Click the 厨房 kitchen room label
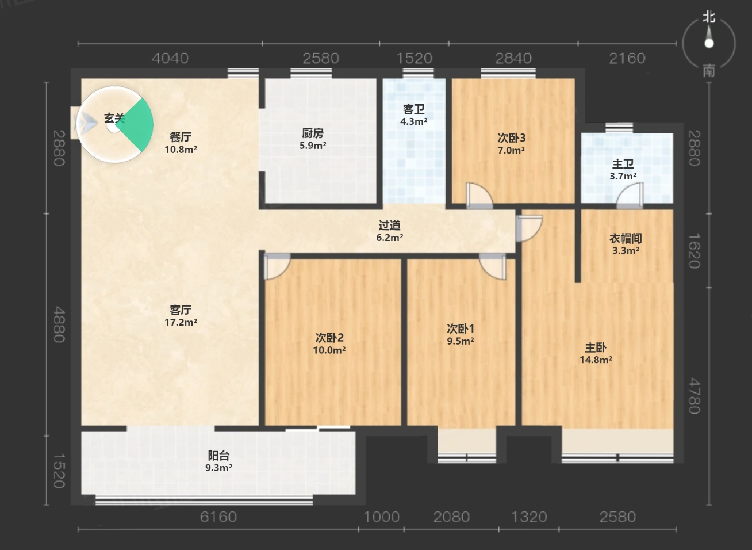313,133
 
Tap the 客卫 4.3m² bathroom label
413,115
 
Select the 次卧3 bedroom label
511,137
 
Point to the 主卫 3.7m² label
623,170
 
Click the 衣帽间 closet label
626,239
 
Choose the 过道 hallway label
389,226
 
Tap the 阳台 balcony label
218,456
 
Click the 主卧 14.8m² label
596,353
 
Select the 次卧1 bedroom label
461,329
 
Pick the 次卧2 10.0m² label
329,343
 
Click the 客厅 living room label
181,310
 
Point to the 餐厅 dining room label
181,137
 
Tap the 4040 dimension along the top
170,59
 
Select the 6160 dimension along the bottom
218,517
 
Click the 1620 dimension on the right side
695,251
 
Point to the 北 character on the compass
709,17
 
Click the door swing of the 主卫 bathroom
630,195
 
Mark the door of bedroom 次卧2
277,266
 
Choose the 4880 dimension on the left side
59,324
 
